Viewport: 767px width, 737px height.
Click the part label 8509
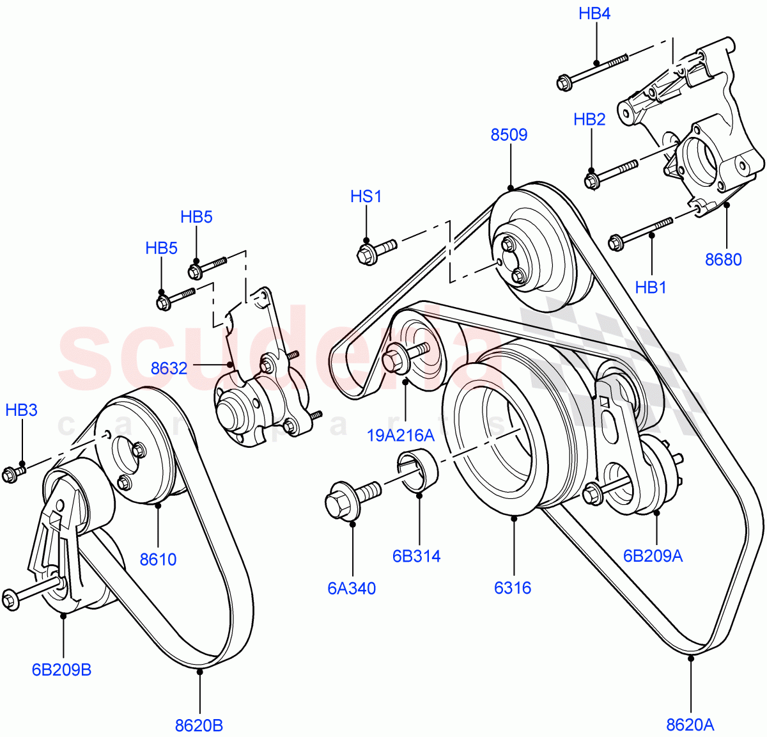click(x=509, y=135)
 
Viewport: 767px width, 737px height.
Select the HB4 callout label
click(x=594, y=13)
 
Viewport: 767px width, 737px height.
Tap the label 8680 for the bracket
click(x=724, y=260)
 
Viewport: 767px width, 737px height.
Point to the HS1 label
click(x=366, y=196)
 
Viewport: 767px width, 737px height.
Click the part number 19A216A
click(x=401, y=436)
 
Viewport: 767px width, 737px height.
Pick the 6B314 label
click(x=416, y=556)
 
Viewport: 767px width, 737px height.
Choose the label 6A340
click(x=352, y=588)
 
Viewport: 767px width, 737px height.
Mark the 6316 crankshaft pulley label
click(x=513, y=587)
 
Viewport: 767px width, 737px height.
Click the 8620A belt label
click(x=690, y=724)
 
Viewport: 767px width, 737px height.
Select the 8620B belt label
click(x=199, y=725)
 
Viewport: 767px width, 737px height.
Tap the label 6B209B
click(x=61, y=670)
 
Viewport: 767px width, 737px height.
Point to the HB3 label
click(x=21, y=410)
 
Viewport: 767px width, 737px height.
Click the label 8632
click(x=169, y=368)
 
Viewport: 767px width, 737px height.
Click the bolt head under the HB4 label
click(x=564, y=83)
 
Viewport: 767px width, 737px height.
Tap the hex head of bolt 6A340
click(x=337, y=503)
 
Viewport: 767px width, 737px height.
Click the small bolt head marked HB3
click(x=10, y=475)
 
